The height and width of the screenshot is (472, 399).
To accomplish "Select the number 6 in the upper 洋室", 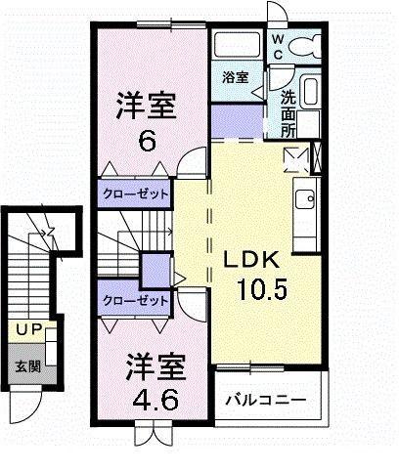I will [x=146, y=140].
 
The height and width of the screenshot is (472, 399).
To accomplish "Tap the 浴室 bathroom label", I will [x=234, y=76].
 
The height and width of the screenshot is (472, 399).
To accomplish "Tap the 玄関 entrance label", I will [x=27, y=366].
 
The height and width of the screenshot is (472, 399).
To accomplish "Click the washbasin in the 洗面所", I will [x=311, y=95].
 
